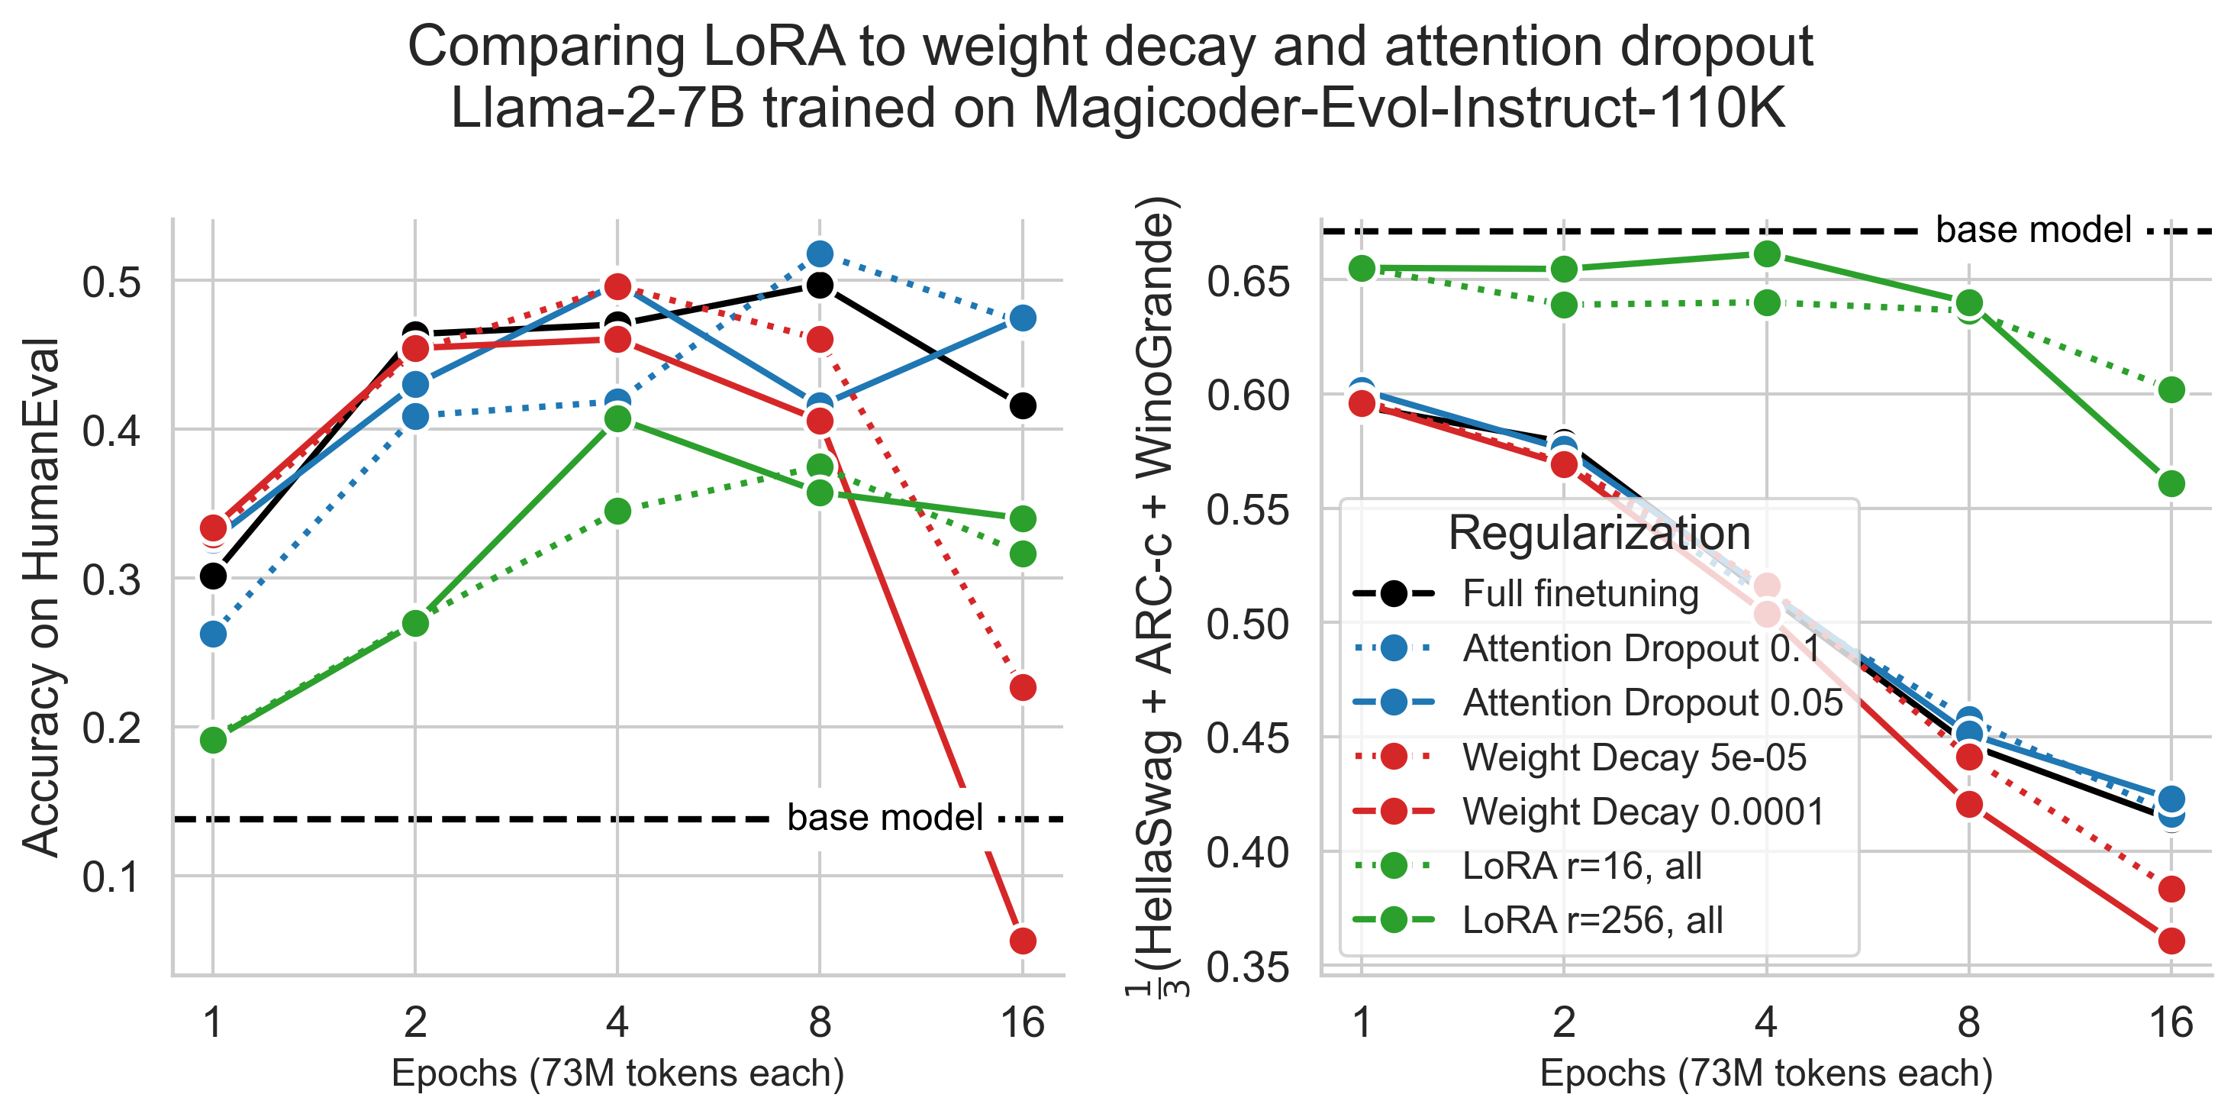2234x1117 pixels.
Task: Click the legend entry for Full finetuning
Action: click(1579, 594)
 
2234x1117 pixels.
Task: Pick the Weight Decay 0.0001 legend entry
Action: click(1642, 812)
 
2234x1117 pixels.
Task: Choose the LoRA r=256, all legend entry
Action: click(1592, 920)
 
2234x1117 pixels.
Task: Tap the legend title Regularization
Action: click(1599, 532)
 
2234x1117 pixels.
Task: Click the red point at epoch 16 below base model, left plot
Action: click(1023, 940)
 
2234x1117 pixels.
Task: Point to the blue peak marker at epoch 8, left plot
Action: click(820, 254)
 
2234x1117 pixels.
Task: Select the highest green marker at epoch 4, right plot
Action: click(1767, 254)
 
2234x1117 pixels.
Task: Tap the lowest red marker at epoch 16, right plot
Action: click(2171, 940)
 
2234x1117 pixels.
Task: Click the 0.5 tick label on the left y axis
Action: click(111, 282)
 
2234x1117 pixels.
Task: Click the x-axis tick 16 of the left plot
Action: click(1023, 1023)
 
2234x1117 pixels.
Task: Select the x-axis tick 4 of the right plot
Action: click(1767, 1023)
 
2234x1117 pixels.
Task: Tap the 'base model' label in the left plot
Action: click(885, 818)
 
